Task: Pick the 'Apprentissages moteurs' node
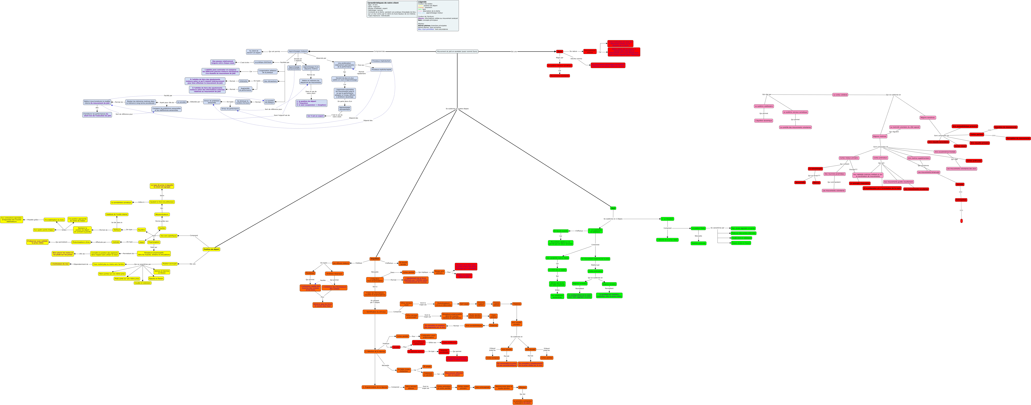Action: [x=298, y=51]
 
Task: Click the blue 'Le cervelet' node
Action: [x=182, y=102]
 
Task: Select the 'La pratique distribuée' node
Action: [x=263, y=62]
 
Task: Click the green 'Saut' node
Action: [x=613, y=208]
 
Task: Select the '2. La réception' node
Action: [x=667, y=219]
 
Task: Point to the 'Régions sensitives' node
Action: [x=927, y=118]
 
